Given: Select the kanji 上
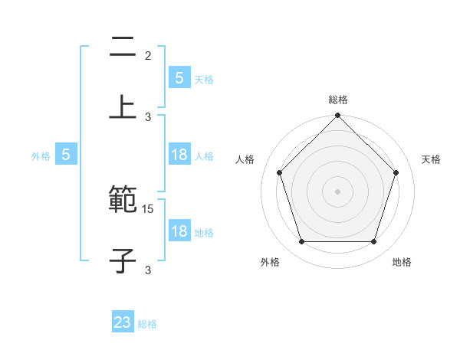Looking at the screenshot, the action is tap(123, 106).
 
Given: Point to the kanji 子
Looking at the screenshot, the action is tap(123, 260).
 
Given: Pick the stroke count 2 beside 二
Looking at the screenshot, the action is tap(148, 56).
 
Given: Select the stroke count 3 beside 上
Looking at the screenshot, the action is tap(149, 116).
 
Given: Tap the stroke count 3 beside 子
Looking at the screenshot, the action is tap(148, 270).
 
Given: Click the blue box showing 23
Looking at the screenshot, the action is tap(123, 322).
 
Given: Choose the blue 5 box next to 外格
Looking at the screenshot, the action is tap(66, 155).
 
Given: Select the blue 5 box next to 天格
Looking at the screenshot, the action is tap(179, 78).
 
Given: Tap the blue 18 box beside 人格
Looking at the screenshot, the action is tap(179, 155).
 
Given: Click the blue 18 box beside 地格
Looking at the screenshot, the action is tap(179, 231).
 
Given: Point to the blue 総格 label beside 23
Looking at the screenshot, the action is tap(147, 324).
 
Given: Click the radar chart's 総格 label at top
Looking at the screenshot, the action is tap(337, 100).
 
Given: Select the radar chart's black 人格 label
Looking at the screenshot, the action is tap(245, 159).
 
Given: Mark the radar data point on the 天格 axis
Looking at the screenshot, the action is tap(396, 172).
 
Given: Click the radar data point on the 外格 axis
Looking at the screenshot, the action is tap(301, 242).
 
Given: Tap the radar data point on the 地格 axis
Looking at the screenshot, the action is tap(374, 242).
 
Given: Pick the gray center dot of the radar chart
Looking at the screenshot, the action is tap(337, 191).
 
